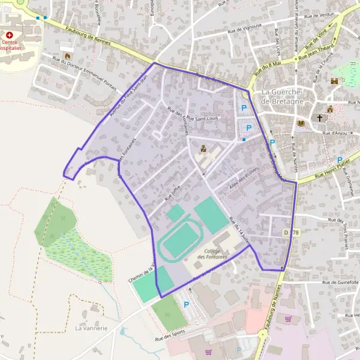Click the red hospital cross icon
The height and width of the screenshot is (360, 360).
coord(10,35)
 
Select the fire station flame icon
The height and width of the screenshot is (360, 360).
coord(63,46)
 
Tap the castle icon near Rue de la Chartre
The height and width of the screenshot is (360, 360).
coord(334,81)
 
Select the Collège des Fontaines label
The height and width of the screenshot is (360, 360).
coord(215,253)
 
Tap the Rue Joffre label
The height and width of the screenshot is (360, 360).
coord(172,193)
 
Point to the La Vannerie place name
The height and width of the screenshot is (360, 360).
coord(91,328)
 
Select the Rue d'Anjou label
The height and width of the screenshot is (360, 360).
coord(335,133)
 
